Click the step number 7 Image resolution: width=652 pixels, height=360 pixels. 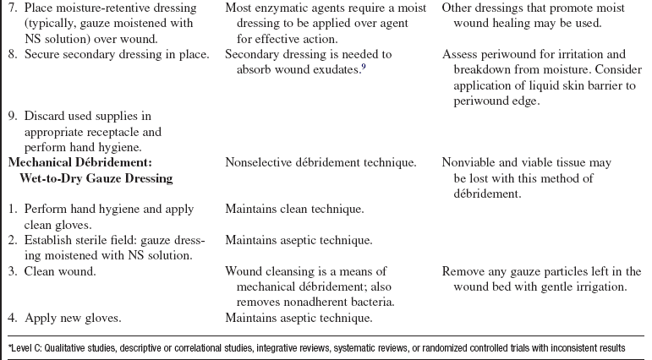12,9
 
